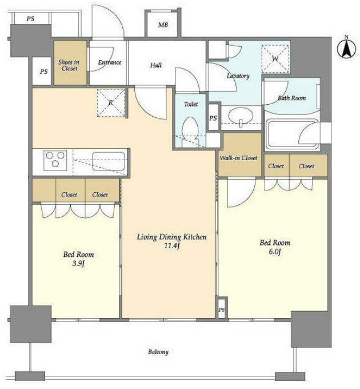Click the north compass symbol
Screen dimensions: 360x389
(346, 47)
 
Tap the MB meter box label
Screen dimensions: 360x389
(163, 25)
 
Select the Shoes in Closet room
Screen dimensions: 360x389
(70, 63)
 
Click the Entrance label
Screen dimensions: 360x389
(110, 62)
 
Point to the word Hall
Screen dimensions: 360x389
(156, 65)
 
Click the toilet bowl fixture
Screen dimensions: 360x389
(190, 131)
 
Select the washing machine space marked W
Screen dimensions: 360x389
(275, 59)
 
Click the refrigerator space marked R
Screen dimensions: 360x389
(111, 102)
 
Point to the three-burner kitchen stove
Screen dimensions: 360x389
(55, 160)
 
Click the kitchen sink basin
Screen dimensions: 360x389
(109, 161)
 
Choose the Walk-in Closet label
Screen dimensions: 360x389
(238, 158)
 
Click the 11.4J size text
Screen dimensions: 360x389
(171, 246)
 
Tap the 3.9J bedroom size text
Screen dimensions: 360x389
(78, 263)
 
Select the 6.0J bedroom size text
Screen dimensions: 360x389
(275, 252)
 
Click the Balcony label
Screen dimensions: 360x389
(158, 352)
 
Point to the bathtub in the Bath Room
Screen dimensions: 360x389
(291, 134)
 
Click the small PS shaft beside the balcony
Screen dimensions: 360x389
(222, 308)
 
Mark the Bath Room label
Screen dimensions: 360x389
(291, 98)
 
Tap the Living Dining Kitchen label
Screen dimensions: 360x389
(171, 237)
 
